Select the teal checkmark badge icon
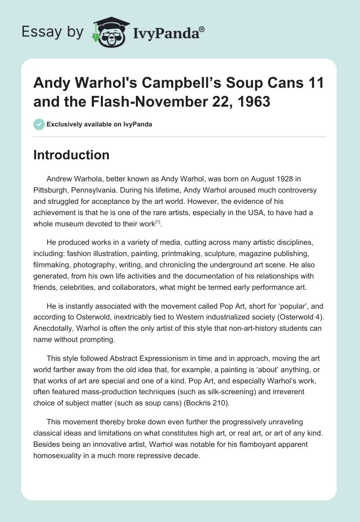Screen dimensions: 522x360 pyautogui.click(x=39, y=124)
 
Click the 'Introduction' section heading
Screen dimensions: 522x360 pyautogui.click(x=72, y=155)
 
